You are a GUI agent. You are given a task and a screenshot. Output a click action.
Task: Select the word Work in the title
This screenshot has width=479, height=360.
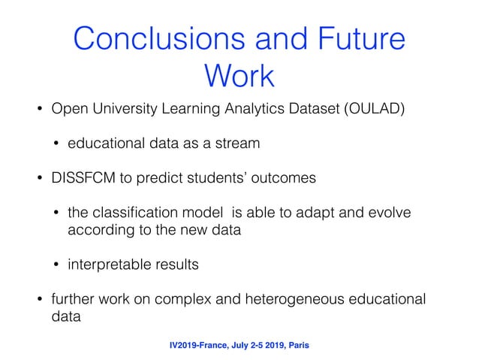239,75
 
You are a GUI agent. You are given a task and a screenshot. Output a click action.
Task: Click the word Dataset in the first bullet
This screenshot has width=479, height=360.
300,111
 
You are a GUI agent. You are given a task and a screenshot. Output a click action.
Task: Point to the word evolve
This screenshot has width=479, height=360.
387,213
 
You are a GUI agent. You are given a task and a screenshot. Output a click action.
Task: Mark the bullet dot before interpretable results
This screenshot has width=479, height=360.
57,265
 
